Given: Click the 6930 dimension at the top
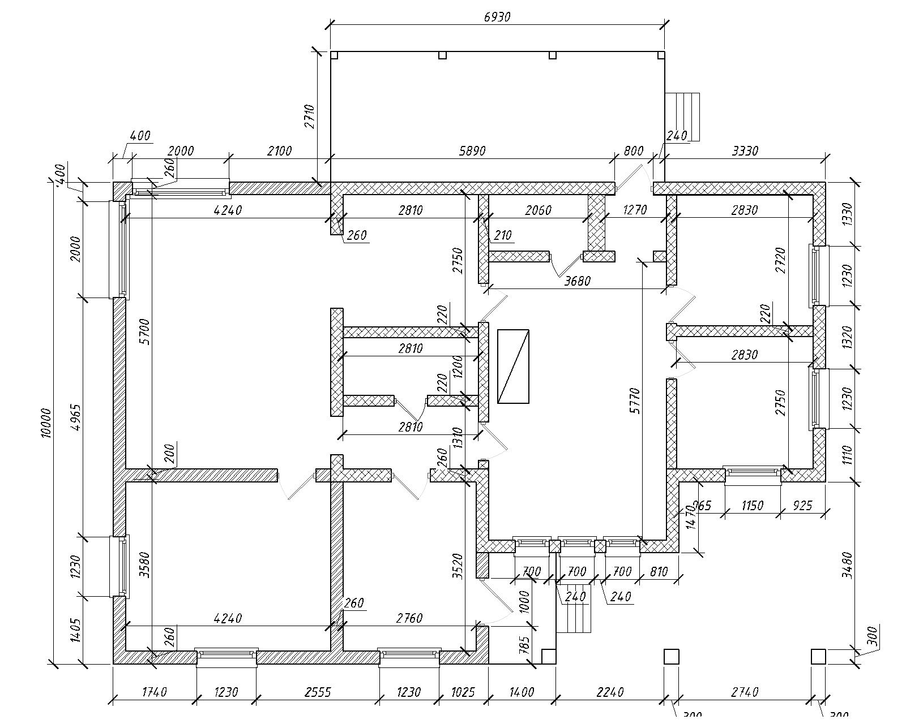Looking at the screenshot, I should coord(497,17).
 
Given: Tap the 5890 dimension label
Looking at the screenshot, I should coord(473,151).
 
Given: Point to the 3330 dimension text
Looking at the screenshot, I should coord(745,151).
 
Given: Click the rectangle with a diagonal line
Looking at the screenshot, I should coord(513,366).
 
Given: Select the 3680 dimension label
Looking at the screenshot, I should coord(577,281).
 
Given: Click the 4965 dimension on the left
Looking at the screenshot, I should coord(78,417).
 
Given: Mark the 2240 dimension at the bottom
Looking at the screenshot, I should coord(610,692).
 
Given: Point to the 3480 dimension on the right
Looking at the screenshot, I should coord(847,564).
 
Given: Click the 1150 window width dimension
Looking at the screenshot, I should coord(752,505).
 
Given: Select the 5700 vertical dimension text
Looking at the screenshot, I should coord(145,332).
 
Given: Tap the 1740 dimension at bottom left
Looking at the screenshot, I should coord(154,692).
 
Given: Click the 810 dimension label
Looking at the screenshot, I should coord(659,572).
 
